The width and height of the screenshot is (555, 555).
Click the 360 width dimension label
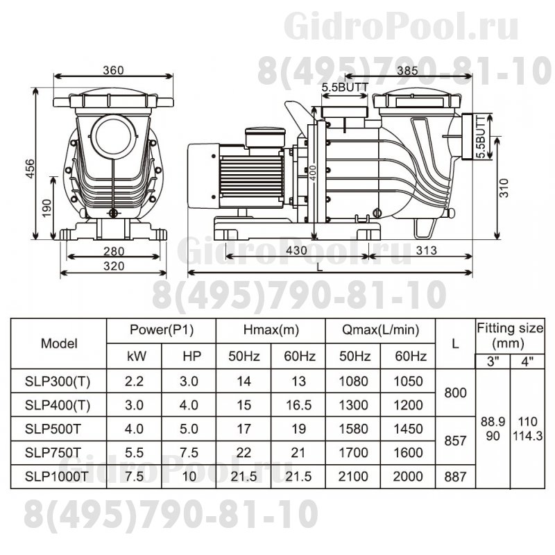click(112, 70)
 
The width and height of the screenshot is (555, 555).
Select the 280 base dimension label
click(112, 251)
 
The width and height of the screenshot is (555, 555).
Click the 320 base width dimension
click(112, 266)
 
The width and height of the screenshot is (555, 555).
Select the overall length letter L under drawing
click(318, 266)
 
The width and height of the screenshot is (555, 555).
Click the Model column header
click(60, 343)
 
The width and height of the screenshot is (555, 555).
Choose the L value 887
click(456, 476)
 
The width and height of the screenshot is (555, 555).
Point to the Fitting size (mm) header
click(510, 335)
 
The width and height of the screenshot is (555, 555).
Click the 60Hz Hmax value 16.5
click(300, 404)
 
